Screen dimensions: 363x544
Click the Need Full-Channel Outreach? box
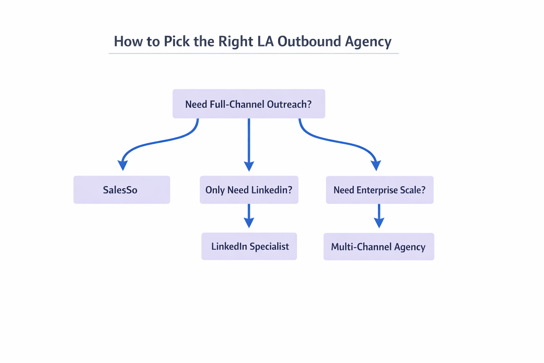click(x=249, y=104)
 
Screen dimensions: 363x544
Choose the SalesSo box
click(x=121, y=190)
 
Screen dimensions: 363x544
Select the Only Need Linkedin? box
click(x=249, y=190)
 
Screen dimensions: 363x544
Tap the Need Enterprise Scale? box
click(x=380, y=190)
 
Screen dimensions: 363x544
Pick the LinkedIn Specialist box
click(x=249, y=246)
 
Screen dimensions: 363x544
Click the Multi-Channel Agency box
click(x=379, y=247)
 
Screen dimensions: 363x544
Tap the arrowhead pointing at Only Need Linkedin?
click(x=249, y=166)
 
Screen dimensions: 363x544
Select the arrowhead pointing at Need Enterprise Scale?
click(x=376, y=166)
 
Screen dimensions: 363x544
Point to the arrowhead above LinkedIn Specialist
click(x=249, y=223)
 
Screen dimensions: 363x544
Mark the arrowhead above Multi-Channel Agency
click(x=379, y=223)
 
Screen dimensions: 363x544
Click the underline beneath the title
click(x=254, y=54)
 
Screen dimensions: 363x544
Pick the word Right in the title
click(x=236, y=41)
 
